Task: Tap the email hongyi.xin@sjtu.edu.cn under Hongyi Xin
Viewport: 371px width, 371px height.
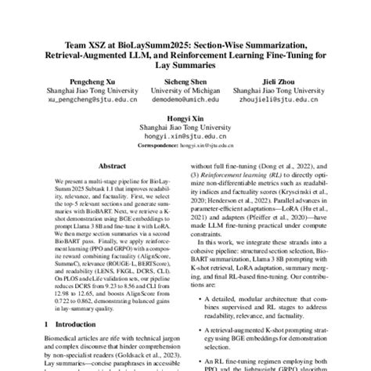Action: coord(185,136)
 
